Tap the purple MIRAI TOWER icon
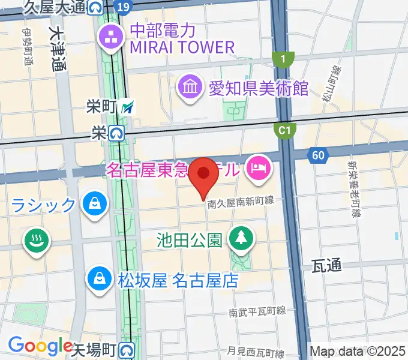click(111, 38)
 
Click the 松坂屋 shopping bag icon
click(97, 278)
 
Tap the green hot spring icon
click(35, 242)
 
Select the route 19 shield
click(122, 7)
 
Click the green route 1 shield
click(283, 58)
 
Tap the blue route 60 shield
click(318, 156)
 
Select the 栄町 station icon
click(127, 107)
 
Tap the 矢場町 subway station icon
click(126, 349)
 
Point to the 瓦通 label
click(327, 266)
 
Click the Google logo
click(40, 346)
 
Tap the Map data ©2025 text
click(358, 351)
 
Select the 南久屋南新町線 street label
click(241, 203)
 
